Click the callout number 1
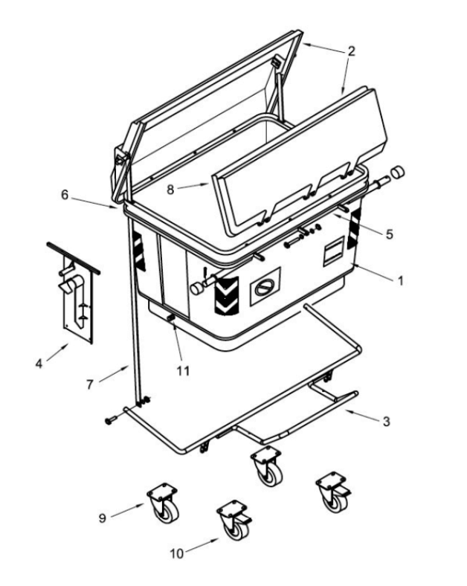pos(401,280)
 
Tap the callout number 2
pos(351,51)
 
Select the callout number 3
pos(386,421)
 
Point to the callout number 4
pos(39,363)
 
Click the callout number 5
pos(390,234)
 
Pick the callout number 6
pos(65,195)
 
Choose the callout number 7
pos(90,384)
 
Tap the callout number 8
pos(170,190)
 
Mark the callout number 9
pos(103,518)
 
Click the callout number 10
pos(177,553)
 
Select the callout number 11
pos(183,371)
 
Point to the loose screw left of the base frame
pos(111,421)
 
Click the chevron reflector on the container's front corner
pos(226,295)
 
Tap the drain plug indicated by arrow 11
pos(171,318)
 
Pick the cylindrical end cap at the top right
pos(398,173)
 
